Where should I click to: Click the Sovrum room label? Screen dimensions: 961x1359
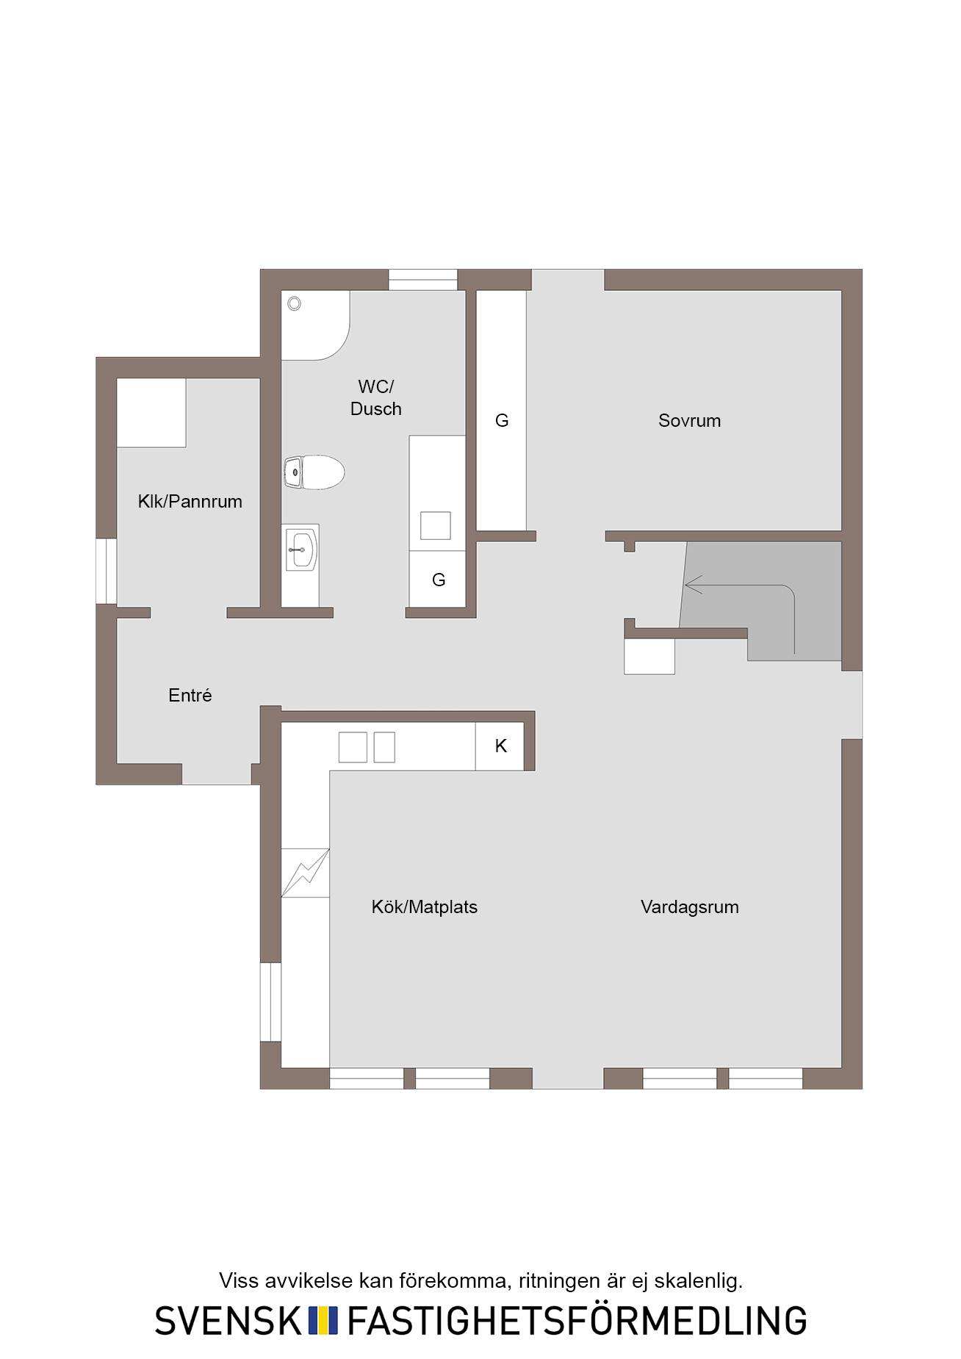(x=689, y=421)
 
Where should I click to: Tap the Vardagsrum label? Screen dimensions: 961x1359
(x=689, y=907)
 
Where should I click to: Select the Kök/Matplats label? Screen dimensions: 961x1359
(x=424, y=907)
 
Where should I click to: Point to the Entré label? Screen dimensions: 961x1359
(x=190, y=695)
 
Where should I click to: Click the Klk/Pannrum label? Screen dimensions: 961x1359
(x=190, y=502)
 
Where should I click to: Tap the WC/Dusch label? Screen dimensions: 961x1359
(x=375, y=397)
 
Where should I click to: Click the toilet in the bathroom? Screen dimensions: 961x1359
(x=314, y=472)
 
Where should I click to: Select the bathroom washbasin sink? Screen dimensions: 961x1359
(x=301, y=549)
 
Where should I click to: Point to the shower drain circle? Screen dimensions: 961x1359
(x=295, y=303)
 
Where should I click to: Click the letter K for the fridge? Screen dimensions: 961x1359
(x=501, y=746)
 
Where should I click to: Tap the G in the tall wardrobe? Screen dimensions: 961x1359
(x=502, y=421)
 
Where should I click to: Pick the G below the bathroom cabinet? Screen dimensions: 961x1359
(x=439, y=580)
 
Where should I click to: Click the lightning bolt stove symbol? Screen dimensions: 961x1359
(x=306, y=873)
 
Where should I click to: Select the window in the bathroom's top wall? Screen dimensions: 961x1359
(x=423, y=280)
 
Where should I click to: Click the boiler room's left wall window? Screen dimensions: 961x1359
(x=107, y=572)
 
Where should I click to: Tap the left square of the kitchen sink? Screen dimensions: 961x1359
(x=353, y=747)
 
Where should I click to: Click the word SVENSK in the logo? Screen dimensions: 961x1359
(x=228, y=1320)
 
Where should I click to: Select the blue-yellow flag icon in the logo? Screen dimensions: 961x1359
(x=323, y=1320)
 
